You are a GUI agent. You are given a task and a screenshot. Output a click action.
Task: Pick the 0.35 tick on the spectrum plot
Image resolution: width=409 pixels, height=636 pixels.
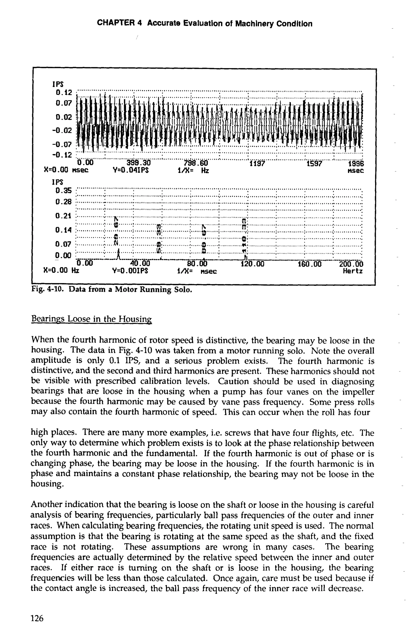point(64,191)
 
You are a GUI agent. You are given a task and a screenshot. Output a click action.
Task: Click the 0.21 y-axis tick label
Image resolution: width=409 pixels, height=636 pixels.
point(64,215)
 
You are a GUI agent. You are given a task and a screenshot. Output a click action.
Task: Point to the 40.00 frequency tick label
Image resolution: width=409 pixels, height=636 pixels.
point(140,264)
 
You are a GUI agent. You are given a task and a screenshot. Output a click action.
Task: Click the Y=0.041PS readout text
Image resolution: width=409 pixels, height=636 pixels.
point(130,170)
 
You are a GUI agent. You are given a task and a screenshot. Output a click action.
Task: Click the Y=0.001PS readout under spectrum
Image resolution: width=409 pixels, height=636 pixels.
point(130,271)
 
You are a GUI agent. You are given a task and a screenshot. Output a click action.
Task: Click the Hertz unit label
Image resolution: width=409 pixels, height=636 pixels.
point(352,271)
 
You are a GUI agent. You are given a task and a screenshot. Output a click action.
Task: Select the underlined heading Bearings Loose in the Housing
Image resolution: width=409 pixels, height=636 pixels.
point(91,318)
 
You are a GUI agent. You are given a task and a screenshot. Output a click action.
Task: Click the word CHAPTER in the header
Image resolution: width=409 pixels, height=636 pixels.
point(117,23)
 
